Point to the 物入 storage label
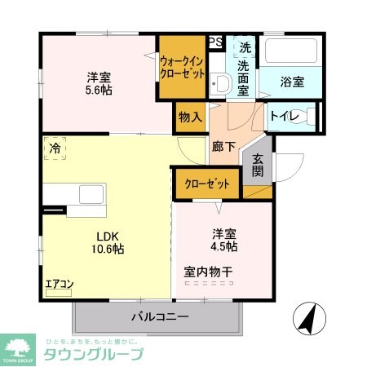pyautogui.click(x=190, y=117)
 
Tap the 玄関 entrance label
pyautogui.click(x=258, y=165)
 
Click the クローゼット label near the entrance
pyautogui.click(x=206, y=183)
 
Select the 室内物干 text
pyautogui.click(x=209, y=272)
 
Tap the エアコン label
pyautogui.click(x=59, y=285)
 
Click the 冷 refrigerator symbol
pyautogui.click(x=55, y=148)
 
